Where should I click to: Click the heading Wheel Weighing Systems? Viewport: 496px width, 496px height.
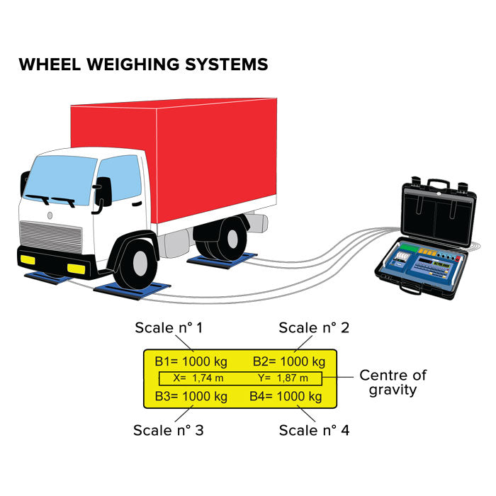click(143, 64)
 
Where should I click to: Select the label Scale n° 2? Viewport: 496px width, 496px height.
click(312, 328)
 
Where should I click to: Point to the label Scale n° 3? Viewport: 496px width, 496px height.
click(169, 430)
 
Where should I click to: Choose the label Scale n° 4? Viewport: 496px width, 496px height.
click(314, 430)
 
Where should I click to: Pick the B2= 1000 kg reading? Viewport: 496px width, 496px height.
click(289, 361)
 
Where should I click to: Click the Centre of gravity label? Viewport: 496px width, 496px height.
click(393, 383)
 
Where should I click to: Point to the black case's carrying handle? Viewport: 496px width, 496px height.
click(436, 183)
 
